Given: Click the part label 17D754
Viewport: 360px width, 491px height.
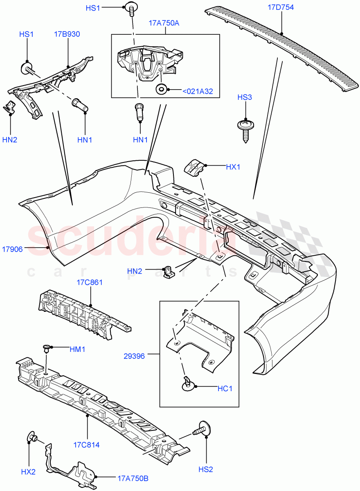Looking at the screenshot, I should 281,7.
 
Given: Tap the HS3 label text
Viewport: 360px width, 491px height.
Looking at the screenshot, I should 245,97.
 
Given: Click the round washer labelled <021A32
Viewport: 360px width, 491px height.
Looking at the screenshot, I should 161,89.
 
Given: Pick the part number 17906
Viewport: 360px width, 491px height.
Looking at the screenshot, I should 13,248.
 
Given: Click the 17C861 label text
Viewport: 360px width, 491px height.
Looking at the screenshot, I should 89,282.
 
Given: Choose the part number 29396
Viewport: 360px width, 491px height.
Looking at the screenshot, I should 134,356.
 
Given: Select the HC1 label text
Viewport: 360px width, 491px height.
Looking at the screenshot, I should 225,388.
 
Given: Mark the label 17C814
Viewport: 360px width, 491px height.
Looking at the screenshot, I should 87,444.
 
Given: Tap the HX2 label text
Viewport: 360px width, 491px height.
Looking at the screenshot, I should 28,472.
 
